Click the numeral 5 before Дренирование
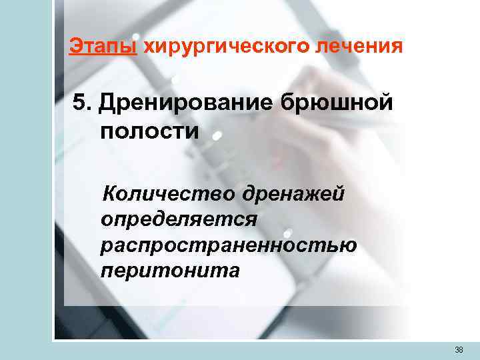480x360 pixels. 81,103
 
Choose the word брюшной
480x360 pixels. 335,105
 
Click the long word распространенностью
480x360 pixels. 229,245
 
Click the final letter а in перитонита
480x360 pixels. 232,271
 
